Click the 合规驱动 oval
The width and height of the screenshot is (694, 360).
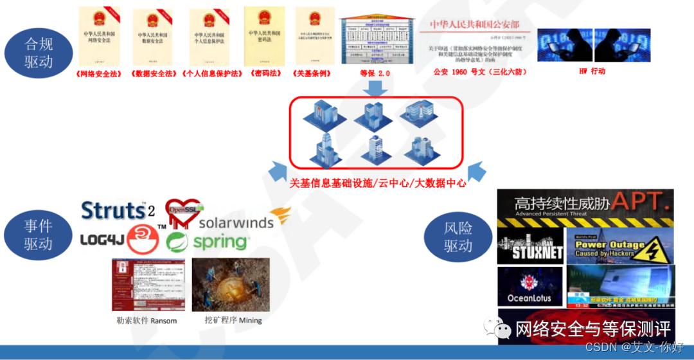pos(39,53)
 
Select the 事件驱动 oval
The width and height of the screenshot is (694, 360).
pos(38,235)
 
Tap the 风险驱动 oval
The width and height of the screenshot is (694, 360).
pos(458,237)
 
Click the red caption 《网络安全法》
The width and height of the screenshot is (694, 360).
pos(98,73)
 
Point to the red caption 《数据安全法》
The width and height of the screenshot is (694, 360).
pos(154,73)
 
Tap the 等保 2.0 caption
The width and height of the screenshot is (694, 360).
pos(375,73)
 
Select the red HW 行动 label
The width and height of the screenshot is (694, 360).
pos(592,71)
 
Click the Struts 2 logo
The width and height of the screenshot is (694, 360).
pos(118,210)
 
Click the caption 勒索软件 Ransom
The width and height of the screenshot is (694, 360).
pos(147,320)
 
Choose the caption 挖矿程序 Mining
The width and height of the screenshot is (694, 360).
pos(229,320)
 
